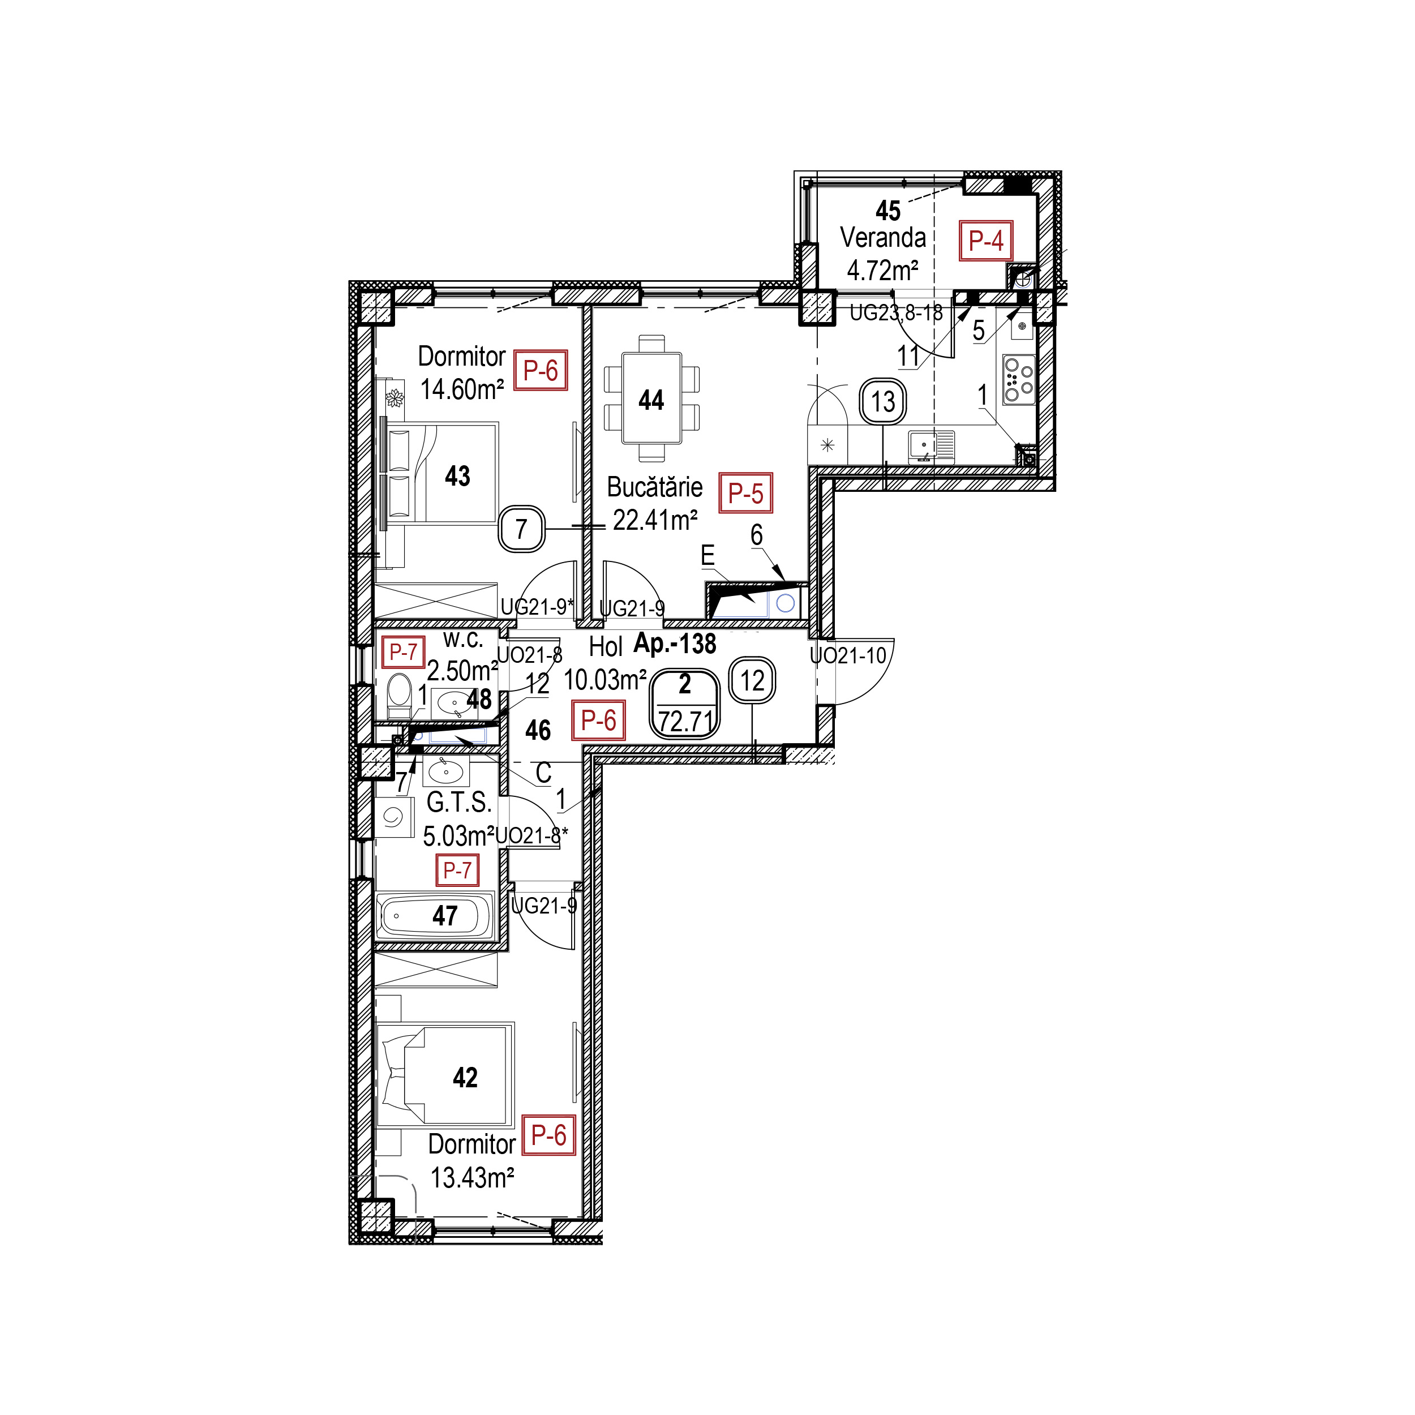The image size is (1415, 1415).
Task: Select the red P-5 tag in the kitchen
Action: (745, 493)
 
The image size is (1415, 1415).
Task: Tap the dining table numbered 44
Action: (651, 398)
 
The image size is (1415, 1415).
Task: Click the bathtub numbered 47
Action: (436, 915)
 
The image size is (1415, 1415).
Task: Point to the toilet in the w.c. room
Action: (399, 695)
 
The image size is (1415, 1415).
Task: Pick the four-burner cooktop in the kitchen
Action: (1019, 379)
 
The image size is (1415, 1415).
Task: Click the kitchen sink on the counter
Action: (932, 446)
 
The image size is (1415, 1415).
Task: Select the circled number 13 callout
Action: (884, 401)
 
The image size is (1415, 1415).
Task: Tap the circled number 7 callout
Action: (521, 529)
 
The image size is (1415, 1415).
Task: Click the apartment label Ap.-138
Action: (675, 643)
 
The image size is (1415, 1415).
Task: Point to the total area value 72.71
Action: (685, 722)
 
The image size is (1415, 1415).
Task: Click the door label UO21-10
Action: (847, 655)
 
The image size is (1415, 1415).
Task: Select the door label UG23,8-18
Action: (896, 313)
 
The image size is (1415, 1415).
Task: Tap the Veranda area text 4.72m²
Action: (882, 270)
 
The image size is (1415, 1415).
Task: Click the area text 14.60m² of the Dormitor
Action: (462, 389)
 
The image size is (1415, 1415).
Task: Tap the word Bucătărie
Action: (655, 487)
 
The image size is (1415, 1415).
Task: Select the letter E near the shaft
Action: (707, 555)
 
